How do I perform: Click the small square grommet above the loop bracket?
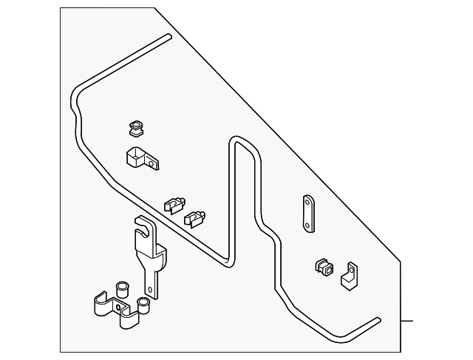[136, 129]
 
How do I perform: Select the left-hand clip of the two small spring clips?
[174, 203]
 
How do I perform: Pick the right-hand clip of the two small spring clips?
[196, 217]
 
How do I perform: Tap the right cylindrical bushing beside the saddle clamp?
[143, 303]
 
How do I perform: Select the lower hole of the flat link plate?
[307, 224]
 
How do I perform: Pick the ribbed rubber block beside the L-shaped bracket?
[323, 268]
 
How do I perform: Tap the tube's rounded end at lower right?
[379, 320]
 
